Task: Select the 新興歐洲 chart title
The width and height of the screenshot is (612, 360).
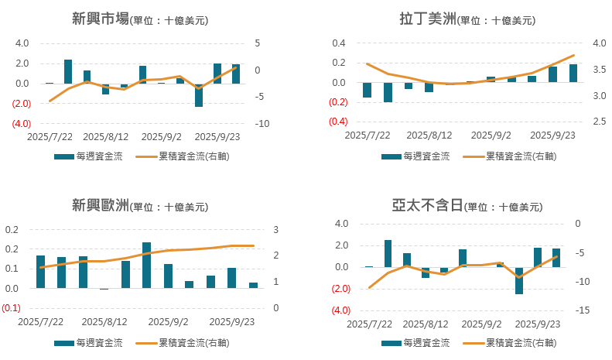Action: [x=97, y=205]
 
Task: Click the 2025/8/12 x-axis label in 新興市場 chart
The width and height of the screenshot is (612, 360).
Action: [x=105, y=137]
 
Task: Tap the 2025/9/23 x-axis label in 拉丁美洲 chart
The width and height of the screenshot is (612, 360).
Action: [x=552, y=135]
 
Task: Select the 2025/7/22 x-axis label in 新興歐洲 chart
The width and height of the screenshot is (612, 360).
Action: [x=40, y=321]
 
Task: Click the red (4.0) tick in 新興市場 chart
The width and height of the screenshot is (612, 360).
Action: [x=21, y=124]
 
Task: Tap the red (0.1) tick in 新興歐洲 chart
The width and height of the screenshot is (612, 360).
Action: [x=12, y=308]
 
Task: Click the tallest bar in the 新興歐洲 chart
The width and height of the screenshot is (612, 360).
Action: [x=147, y=265]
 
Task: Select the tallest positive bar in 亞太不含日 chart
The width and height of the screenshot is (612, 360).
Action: [x=388, y=253]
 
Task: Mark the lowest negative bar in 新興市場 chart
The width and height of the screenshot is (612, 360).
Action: [x=199, y=94]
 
